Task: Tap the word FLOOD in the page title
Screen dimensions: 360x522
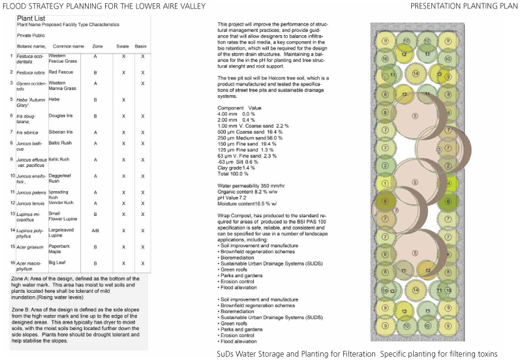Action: point(15,6)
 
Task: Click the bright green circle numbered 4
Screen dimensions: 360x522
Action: point(449,184)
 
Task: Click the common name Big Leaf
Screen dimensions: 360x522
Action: point(58,263)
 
